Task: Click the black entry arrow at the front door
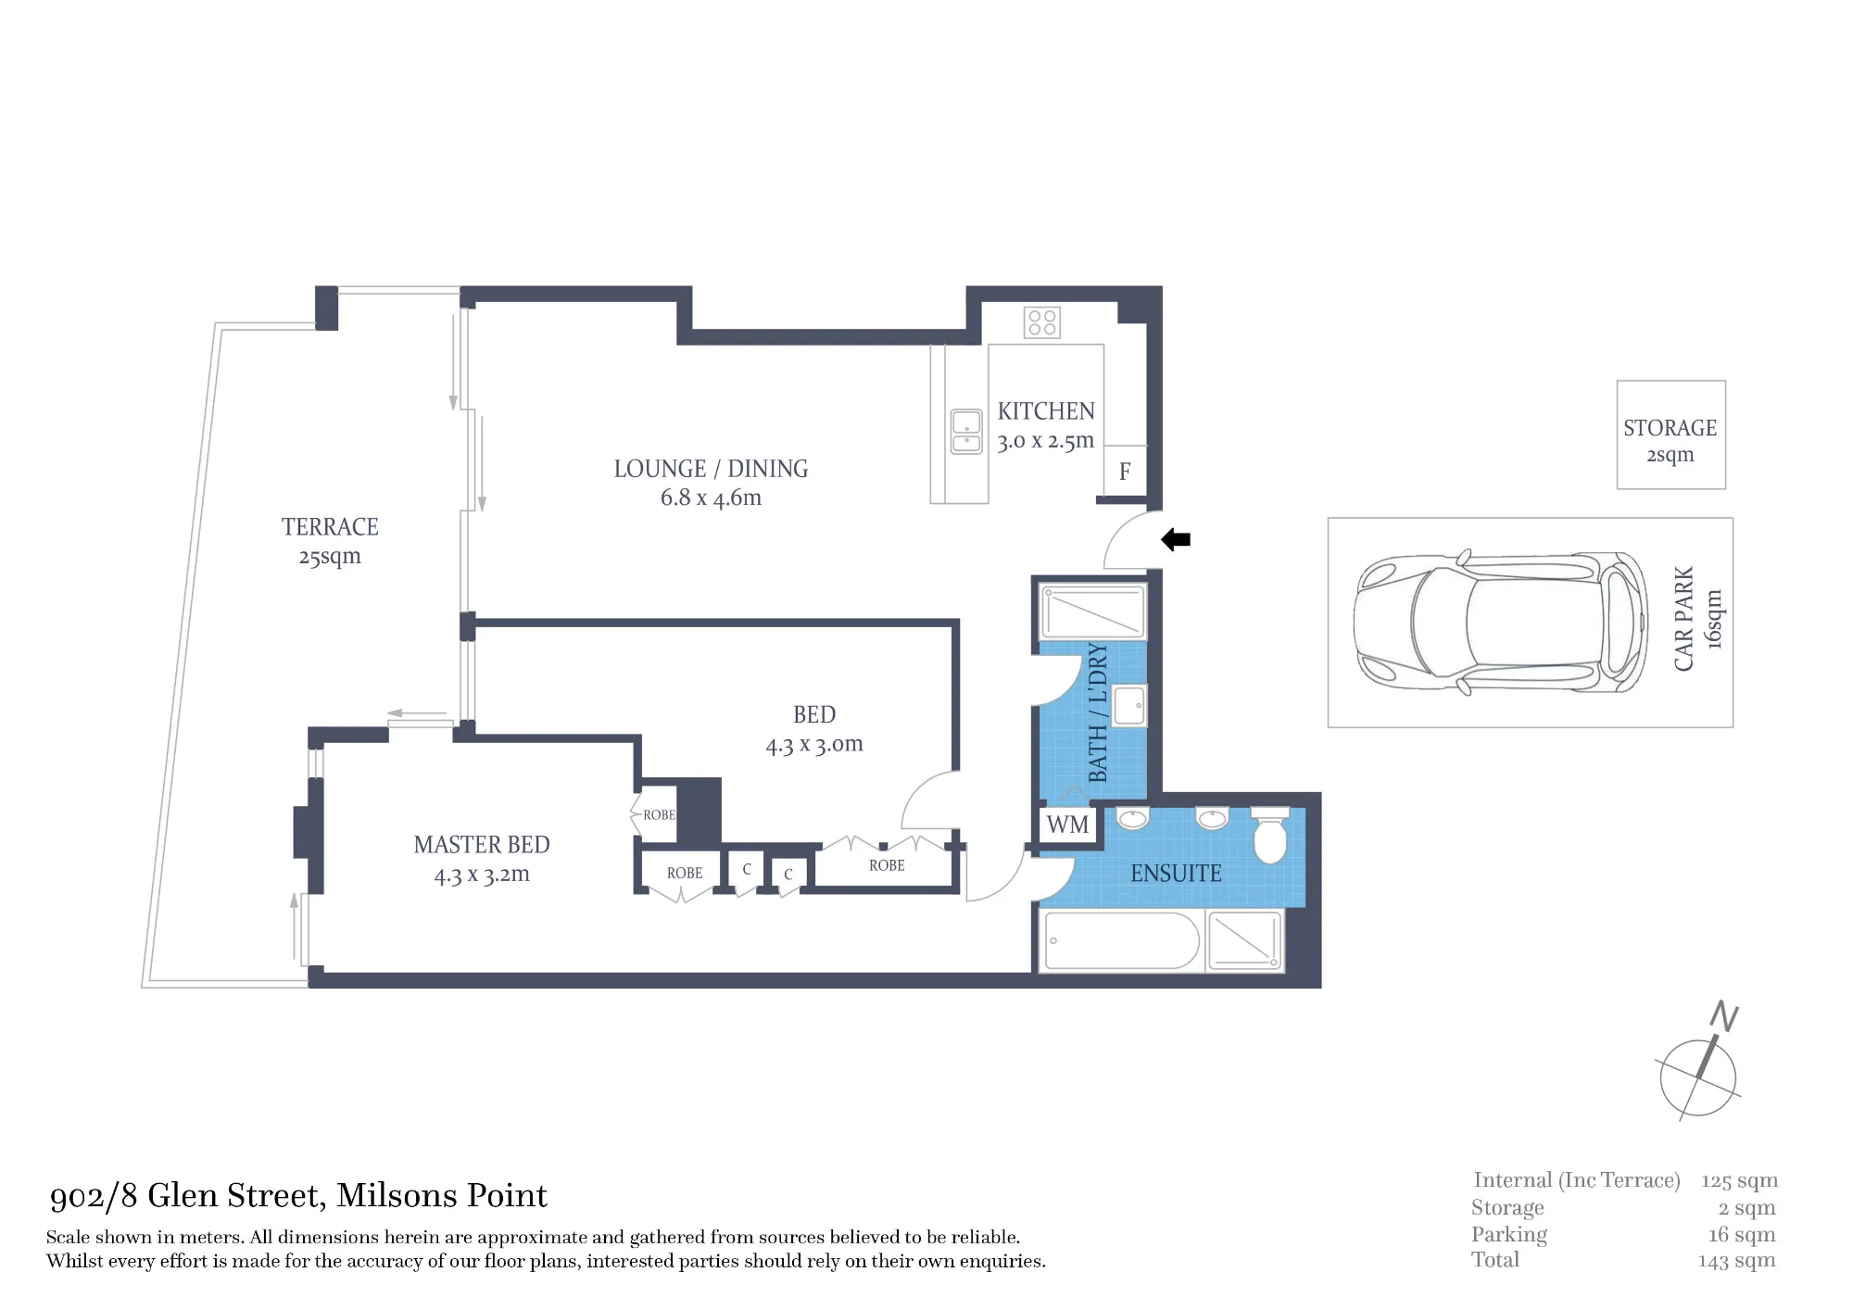click(1176, 539)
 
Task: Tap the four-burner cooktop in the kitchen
click(1042, 322)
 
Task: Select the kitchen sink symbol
click(966, 432)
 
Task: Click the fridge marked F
click(1126, 472)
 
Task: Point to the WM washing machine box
click(1068, 824)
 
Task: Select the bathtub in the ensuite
click(1121, 940)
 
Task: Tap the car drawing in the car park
click(1500, 623)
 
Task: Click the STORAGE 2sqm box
click(1670, 435)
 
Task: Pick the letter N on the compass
click(1724, 1015)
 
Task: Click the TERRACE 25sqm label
click(330, 541)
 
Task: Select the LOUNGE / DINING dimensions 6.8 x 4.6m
click(711, 498)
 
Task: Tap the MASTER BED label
click(482, 845)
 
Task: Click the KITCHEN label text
click(1046, 411)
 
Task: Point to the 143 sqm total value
click(1736, 1261)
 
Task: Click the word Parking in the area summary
click(1509, 1235)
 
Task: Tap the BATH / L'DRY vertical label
click(1098, 712)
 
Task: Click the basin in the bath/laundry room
click(1129, 705)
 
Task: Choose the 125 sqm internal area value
click(1739, 1181)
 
